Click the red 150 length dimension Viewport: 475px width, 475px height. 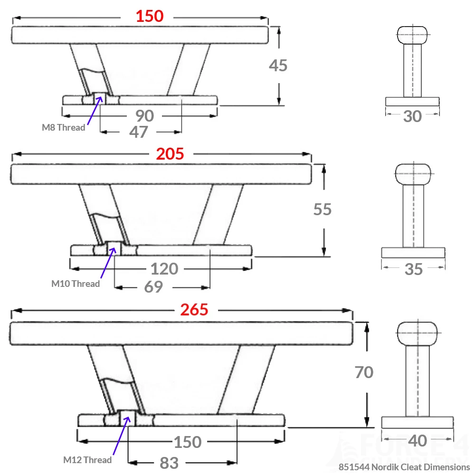tap(150, 16)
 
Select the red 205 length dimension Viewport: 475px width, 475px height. tap(170, 154)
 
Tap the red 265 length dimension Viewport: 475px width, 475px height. tap(194, 310)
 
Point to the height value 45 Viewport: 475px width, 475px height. tap(278, 66)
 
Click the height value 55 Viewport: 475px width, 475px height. tap(322, 209)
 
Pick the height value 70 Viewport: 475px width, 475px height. tap(364, 372)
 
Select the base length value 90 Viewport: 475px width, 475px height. tap(144, 115)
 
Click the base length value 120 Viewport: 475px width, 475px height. tap(164, 269)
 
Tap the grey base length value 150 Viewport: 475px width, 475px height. tap(187, 442)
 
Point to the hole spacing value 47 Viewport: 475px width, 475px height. tap(139, 132)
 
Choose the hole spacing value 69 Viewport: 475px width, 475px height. tap(153, 287)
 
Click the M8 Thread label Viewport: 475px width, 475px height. tap(64, 127)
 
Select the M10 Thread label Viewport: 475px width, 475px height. tap(76, 284)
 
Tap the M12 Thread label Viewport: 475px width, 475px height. tap(87, 460)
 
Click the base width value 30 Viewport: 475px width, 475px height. tap(412, 116)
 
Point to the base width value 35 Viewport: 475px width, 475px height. tap(414, 269)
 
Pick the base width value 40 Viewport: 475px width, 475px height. tap(418, 441)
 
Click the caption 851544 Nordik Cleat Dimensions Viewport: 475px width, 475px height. tap(404, 467)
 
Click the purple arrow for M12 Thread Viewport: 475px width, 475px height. tap(120, 436)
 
